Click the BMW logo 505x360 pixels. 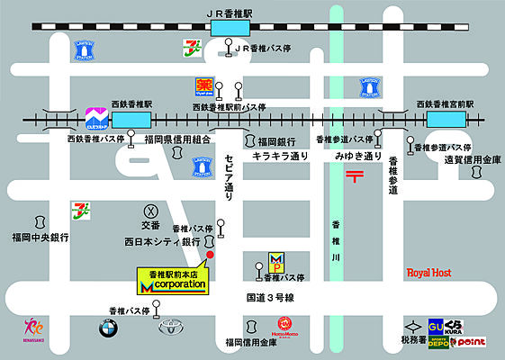[x=109, y=328]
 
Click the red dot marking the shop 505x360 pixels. [x=210, y=256]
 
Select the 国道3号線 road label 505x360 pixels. [x=270, y=295]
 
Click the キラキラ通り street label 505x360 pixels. [x=281, y=156]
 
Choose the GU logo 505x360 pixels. [x=437, y=326]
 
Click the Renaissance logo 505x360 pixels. [x=32, y=331]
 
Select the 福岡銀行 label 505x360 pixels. [x=276, y=141]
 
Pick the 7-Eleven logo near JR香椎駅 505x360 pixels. [x=191, y=46]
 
